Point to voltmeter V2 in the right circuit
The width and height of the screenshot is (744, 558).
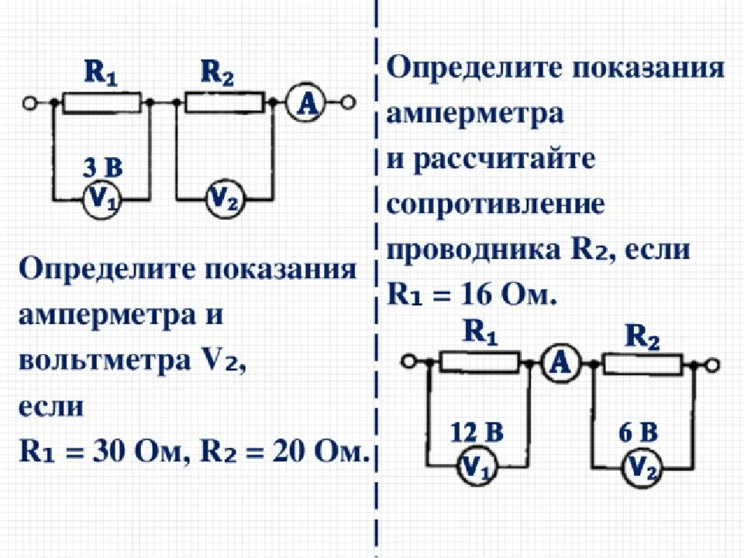pyautogui.click(x=640, y=466)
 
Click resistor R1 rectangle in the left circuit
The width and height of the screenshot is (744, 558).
pyautogui.click(x=102, y=102)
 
